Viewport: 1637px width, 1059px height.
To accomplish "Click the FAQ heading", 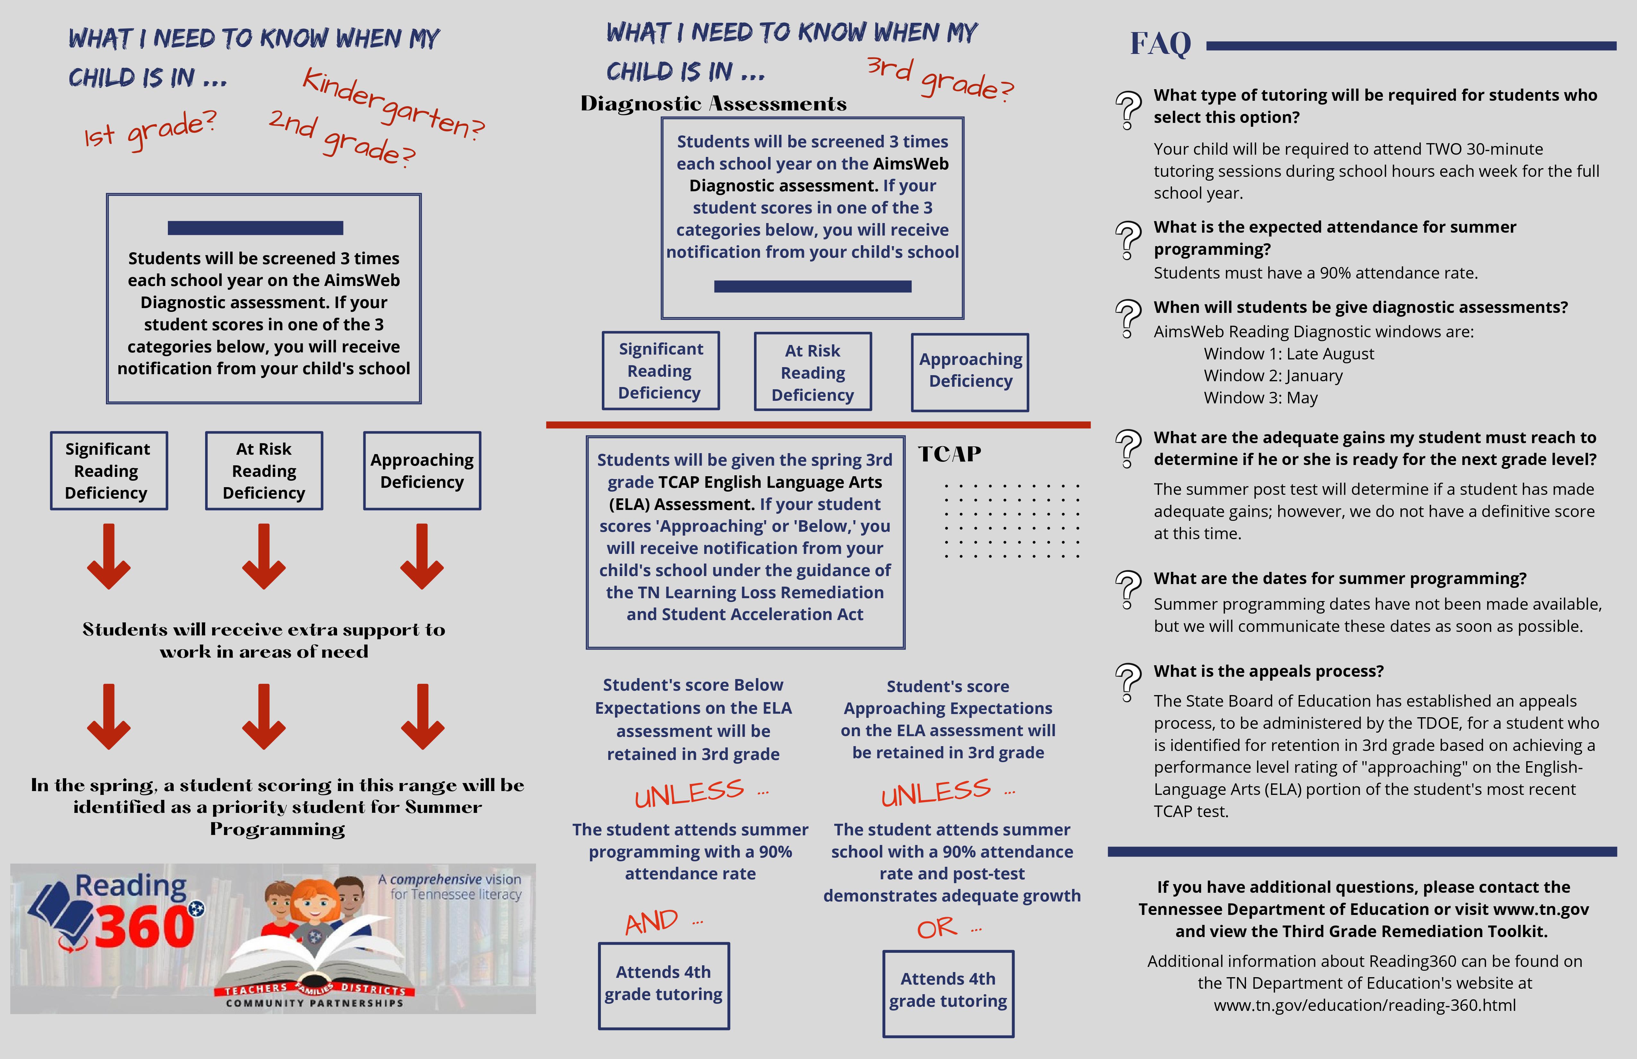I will pyautogui.click(x=1160, y=44).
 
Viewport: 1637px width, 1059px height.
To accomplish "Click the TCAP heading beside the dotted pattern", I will pyautogui.click(x=949, y=454).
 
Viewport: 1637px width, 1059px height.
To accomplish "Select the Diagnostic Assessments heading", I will pyautogui.click(x=713, y=104).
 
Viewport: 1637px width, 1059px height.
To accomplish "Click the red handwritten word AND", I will pyautogui.click(x=651, y=921).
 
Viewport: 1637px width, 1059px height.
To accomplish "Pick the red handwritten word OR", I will pyautogui.click(x=937, y=928).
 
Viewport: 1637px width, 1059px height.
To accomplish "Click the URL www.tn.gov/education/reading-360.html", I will pyautogui.click(x=1364, y=1005).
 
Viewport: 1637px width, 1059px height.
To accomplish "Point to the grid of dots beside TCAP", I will pyautogui.click(x=1011, y=521).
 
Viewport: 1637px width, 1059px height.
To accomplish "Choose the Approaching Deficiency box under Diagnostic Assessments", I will pyautogui.click(x=970, y=371).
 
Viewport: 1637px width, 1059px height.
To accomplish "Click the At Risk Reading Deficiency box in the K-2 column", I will pyautogui.click(x=264, y=471).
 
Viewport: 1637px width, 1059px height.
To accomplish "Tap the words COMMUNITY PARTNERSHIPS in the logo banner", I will pyautogui.click(x=314, y=1003).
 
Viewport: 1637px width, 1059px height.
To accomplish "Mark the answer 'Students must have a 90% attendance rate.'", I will pyautogui.click(x=1315, y=273).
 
